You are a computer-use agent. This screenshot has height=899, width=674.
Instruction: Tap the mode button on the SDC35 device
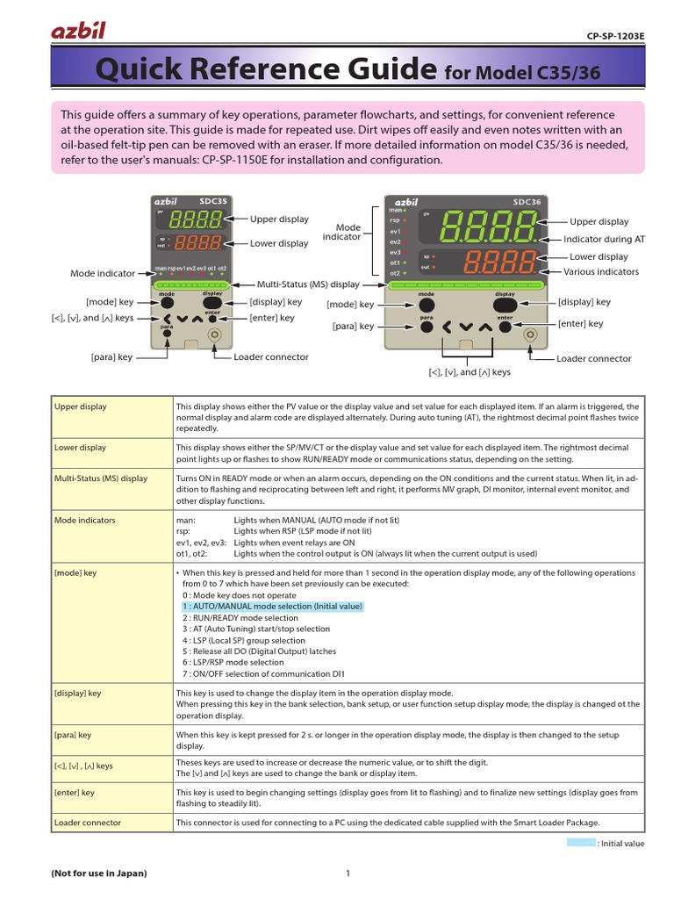166,301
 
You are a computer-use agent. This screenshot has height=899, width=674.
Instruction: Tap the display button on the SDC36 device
505,304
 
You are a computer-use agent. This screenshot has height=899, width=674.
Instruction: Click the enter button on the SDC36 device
505,326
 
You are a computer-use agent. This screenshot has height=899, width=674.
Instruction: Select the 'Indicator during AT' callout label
604,239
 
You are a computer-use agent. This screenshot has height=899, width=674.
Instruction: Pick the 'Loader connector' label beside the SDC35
271,357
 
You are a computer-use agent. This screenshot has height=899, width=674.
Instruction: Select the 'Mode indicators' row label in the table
84,521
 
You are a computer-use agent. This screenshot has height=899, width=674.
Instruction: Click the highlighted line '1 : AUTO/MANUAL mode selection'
272,607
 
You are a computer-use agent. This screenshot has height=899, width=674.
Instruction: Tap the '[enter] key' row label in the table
75,793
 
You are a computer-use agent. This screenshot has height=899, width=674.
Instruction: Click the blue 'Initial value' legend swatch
580,843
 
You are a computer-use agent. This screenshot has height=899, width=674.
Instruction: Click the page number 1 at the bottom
348,874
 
